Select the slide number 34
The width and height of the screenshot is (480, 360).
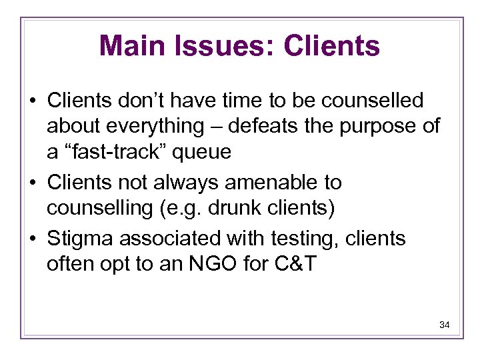click(445, 325)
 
